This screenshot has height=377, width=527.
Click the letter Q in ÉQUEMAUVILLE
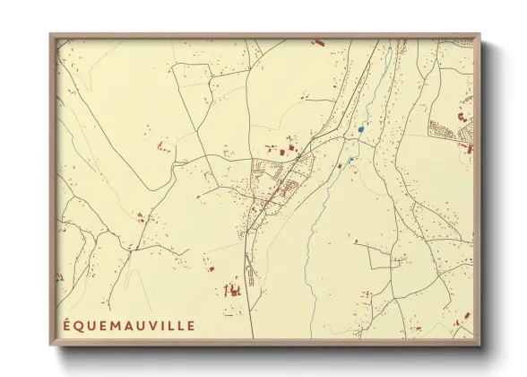click(x=79, y=322)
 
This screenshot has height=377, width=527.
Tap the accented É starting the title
click(x=67, y=322)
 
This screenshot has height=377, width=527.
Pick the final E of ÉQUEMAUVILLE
click(x=190, y=322)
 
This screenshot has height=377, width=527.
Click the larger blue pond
click(x=360, y=129)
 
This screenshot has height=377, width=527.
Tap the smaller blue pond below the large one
click(x=350, y=160)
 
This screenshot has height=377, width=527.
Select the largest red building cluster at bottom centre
click(x=232, y=289)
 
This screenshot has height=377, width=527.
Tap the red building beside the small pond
click(x=341, y=165)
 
